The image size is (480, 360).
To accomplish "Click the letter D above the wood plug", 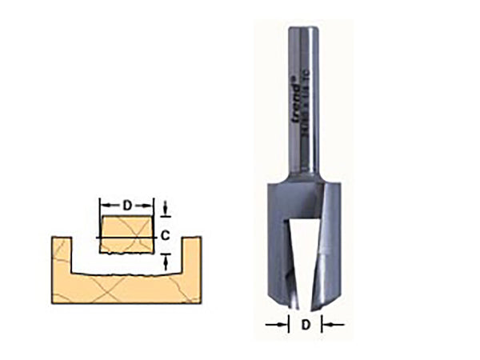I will (126, 205).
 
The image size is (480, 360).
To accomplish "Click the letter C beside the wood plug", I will (165, 235).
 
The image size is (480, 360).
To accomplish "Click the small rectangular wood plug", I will (126, 232).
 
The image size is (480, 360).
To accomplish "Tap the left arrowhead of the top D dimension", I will (102, 205).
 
